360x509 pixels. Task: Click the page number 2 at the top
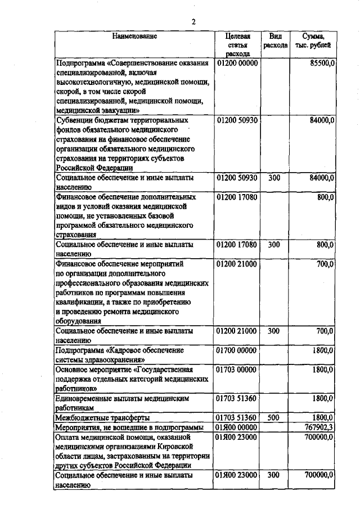pyautogui.click(x=193, y=22)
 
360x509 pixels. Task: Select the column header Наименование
pyautogui.click(x=134, y=36)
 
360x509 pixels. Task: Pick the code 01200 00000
pyautogui.click(x=237, y=64)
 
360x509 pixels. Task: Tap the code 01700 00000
pyautogui.click(x=237, y=350)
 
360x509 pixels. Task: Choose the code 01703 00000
pyautogui.click(x=237, y=370)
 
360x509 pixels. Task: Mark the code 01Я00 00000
pyautogui.click(x=237, y=427)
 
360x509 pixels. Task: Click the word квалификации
pyautogui.click(x=78, y=302)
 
